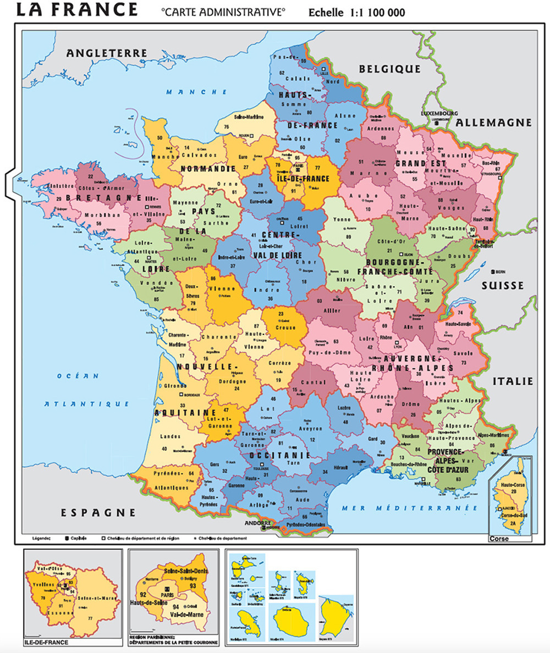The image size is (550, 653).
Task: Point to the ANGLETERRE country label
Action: click(x=107, y=53)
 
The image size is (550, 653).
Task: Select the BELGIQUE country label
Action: click(x=389, y=69)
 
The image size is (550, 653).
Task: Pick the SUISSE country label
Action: click(x=503, y=285)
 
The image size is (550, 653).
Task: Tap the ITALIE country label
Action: click(x=513, y=381)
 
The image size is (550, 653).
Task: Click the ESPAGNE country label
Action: click(x=98, y=512)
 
